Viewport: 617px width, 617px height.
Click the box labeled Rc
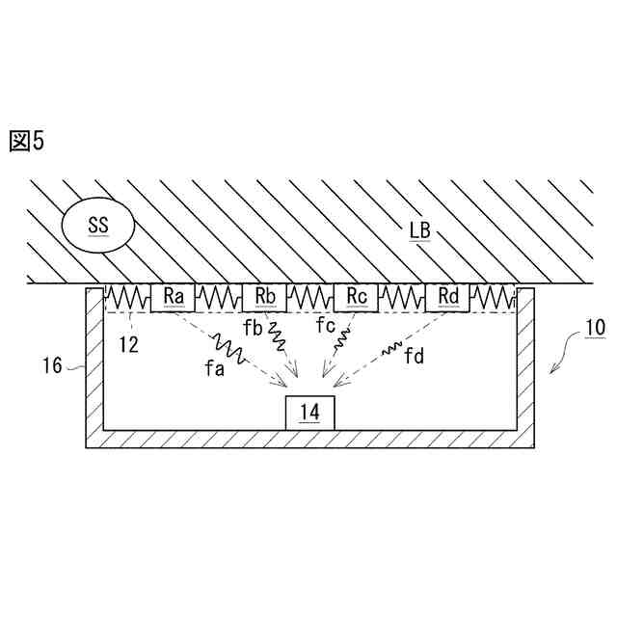358,297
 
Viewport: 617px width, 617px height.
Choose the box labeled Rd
448,297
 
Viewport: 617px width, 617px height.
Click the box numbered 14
309,412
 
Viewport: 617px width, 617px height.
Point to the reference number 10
594,328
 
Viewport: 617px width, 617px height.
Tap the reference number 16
53,365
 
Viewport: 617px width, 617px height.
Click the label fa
214,370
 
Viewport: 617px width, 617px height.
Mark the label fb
253,328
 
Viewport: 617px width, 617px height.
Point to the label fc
326,326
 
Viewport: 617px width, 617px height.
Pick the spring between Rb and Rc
311,296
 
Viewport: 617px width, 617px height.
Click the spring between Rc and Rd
403,296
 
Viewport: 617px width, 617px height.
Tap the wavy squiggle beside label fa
229,348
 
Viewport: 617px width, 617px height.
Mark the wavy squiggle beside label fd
393,347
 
